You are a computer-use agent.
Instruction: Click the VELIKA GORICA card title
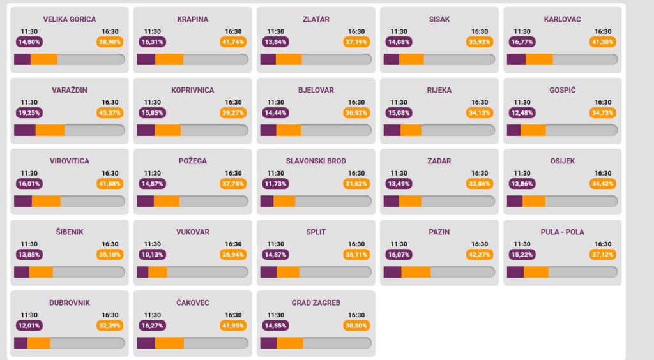coord(70,19)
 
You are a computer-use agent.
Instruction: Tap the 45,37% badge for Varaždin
coord(110,113)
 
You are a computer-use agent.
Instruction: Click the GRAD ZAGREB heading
coord(316,303)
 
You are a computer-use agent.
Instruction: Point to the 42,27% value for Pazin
coord(480,255)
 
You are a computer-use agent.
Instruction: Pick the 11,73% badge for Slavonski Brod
coord(275,184)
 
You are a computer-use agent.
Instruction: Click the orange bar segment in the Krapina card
coord(169,59)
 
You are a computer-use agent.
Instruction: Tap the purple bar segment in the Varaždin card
coord(25,130)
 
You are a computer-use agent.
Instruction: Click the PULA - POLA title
coord(562,232)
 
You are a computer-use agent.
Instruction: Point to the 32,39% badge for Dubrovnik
coord(110,326)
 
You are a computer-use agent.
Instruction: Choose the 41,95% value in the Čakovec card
coord(233,326)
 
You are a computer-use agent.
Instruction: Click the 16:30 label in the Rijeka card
coord(480,102)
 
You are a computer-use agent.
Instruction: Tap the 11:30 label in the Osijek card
coord(522,173)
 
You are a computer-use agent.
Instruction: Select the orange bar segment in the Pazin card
coord(416,272)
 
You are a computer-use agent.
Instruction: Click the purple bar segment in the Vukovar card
coord(142,272)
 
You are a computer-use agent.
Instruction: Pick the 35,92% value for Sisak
coord(480,42)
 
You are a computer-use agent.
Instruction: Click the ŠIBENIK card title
coord(70,232)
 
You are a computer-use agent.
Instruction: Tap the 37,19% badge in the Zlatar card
coord(356,42)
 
